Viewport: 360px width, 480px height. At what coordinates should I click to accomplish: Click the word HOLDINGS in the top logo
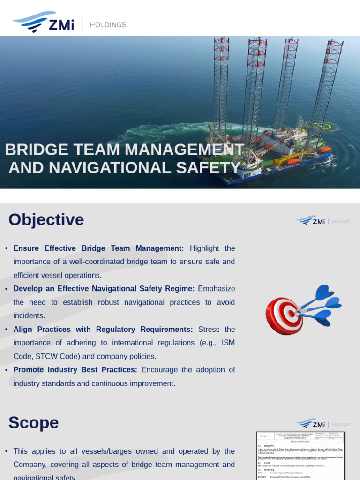point(108,25)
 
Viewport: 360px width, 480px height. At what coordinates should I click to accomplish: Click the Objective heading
point(46,220)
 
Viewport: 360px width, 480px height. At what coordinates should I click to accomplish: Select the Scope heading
point(33,423)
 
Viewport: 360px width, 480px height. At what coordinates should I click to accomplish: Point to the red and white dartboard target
point(285,315)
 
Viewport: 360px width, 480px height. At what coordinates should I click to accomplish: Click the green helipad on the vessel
point(322,125)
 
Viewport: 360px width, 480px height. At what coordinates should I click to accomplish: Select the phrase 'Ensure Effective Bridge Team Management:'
point(98,248)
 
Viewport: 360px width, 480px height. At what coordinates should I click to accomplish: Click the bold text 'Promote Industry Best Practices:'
point(75,370)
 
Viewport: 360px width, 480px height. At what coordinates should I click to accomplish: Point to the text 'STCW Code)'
point(39,356)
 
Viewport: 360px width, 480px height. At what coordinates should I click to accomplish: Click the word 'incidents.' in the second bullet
point(29,316)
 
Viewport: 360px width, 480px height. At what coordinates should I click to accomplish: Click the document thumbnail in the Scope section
point(300,456)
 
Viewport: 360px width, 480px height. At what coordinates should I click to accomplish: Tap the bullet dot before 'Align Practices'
point(6,330)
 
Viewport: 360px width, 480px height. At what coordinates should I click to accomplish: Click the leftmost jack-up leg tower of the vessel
point(221,84)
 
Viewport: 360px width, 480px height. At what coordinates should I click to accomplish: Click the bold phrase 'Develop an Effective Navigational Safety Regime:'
point(104,289)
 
